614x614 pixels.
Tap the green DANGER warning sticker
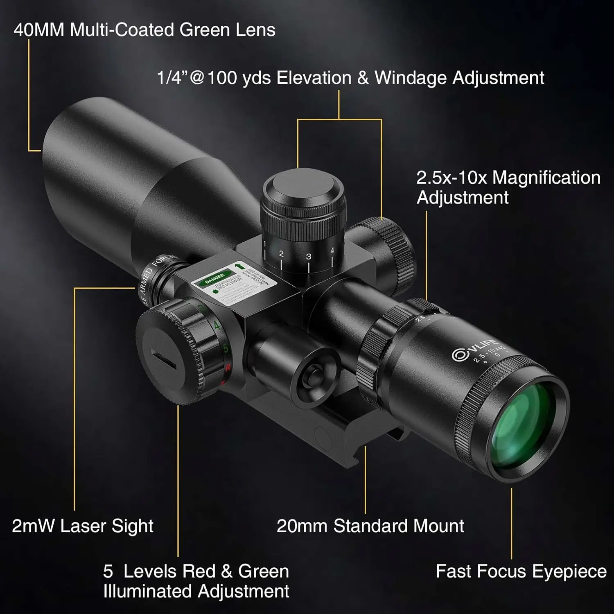point(214,278)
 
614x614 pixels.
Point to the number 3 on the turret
point(308,257)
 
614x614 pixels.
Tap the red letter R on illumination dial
point(228,368)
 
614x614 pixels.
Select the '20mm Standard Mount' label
point(370,526)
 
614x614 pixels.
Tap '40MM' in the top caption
point(39,30)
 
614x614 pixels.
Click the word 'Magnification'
point(546,178)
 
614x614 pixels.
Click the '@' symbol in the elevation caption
point(196,78)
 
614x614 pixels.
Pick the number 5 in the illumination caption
point(108,571)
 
